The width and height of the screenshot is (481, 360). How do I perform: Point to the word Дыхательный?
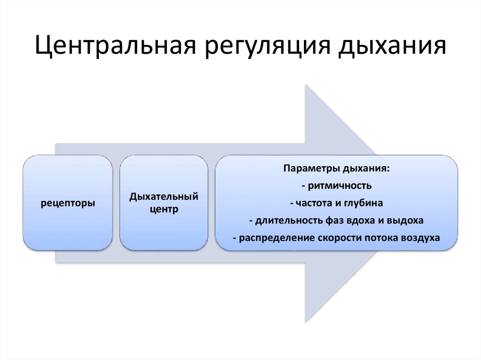pyautogui.click(x=163, y=196)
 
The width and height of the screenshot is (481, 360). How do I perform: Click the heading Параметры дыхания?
pyautogui.click(x=336, y=168)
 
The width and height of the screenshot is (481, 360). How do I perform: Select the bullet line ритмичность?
pyautogui.click(x=336, y=185)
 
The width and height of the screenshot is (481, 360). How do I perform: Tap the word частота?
pyautogui.click(x=310, y=203)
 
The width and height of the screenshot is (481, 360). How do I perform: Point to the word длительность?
pyautogui.click(x=284, y=220)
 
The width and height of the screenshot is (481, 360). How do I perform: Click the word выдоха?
pyautogui.click(x=407, y=220)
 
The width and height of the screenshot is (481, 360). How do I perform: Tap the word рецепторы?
pyautogui.click(x=68, y=203)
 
